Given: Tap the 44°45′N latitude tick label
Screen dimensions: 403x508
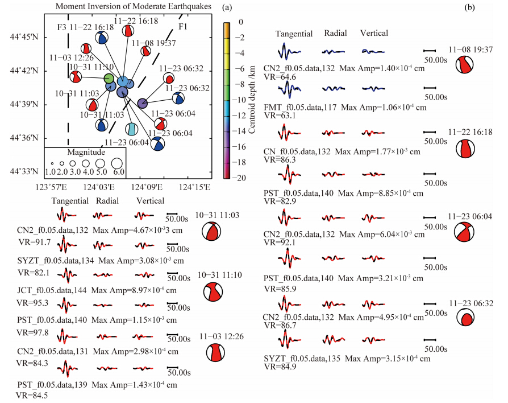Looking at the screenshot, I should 26,38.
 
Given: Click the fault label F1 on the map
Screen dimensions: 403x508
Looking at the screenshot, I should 184,27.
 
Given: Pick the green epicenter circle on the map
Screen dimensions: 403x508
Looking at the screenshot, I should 109,78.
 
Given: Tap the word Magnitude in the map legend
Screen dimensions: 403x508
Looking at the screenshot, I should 86,153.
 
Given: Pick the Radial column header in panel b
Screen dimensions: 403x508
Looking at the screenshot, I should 336,34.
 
